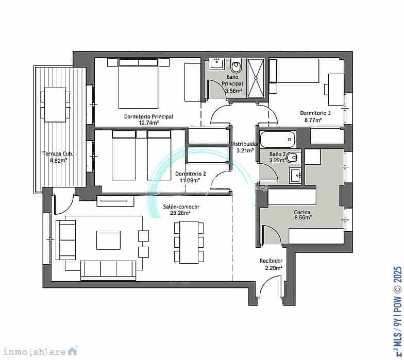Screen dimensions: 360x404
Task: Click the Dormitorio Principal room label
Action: [148, 116]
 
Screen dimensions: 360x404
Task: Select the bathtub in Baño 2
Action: [277, 140]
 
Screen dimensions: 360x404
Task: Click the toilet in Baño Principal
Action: [237, 66]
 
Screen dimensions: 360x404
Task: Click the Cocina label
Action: [302, 212]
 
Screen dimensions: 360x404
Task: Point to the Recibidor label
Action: [271, 261]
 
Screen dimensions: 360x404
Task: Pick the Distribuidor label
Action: [244, 144]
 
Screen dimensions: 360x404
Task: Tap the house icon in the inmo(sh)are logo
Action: [73, 351]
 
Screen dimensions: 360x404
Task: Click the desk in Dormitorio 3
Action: [336, 84]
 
